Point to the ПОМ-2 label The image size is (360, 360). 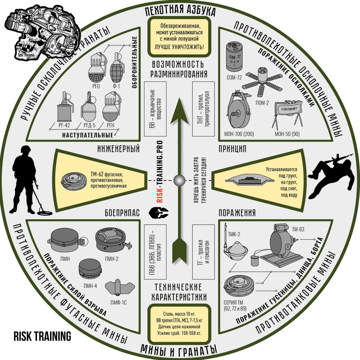coord(262,103)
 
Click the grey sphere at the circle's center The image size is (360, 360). coord(180,180)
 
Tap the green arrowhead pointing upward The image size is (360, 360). coord(180,111)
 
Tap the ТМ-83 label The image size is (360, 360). coord(298,229)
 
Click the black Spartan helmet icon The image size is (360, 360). coord(158,212)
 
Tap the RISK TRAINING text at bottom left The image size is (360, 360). coord(42,336)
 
